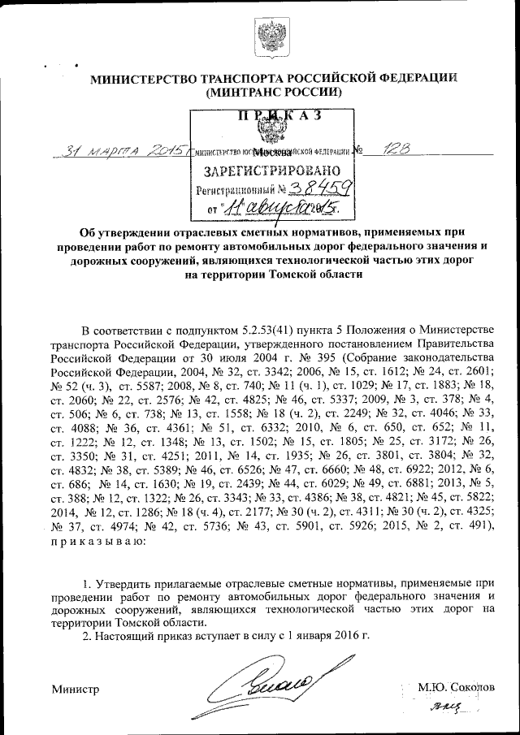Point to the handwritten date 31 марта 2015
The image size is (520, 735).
[119, 151]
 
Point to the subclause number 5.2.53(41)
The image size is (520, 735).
[264, 328]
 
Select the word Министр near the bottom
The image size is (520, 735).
[75, 690]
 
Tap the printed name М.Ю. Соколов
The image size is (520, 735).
[455, 687]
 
